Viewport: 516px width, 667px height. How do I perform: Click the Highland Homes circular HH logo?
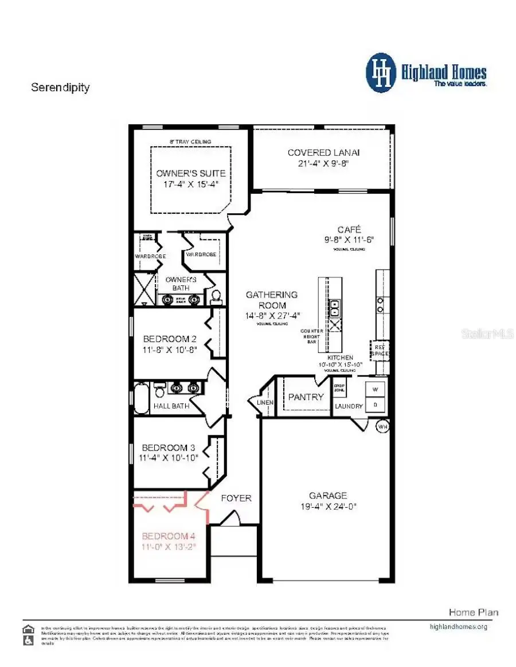point(381,73)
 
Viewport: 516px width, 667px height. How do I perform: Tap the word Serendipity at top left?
point(60,88)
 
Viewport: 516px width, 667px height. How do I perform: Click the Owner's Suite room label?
point(191,173)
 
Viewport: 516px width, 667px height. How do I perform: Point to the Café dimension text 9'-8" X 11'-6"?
point(348,240)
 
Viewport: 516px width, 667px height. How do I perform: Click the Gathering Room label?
point(272,300)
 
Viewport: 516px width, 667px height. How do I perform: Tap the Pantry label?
point(306,397)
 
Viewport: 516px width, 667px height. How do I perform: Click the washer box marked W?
point(377,390)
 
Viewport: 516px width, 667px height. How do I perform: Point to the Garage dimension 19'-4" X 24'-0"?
point(328,506)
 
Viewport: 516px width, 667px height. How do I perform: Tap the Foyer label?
point(236,498)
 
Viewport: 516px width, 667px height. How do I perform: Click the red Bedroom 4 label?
point(169,536)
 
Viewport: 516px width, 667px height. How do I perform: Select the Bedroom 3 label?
point(165,448)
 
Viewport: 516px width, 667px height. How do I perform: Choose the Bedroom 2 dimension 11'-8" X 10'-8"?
point(170,350)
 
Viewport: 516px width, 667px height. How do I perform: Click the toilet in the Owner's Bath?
point(216,296)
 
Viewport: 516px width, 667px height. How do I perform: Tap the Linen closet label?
point(265,403)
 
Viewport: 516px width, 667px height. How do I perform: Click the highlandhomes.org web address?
point(458,627)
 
